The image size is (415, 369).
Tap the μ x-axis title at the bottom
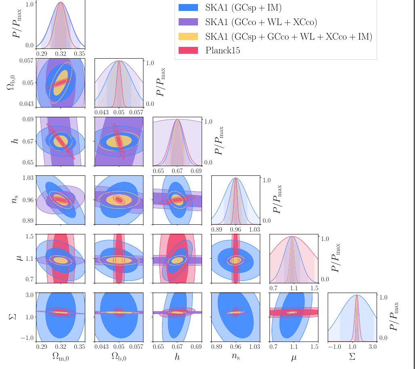[x=294, y=357]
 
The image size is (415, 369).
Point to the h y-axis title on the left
[x=15, y=141]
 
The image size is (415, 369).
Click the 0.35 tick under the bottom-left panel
[x=80, y=347]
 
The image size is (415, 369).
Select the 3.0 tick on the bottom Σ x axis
[x=373, y=347]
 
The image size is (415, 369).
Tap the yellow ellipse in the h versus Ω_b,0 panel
[x=119, y=141]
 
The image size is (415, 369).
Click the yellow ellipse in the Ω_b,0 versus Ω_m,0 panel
[x=61, y=83]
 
